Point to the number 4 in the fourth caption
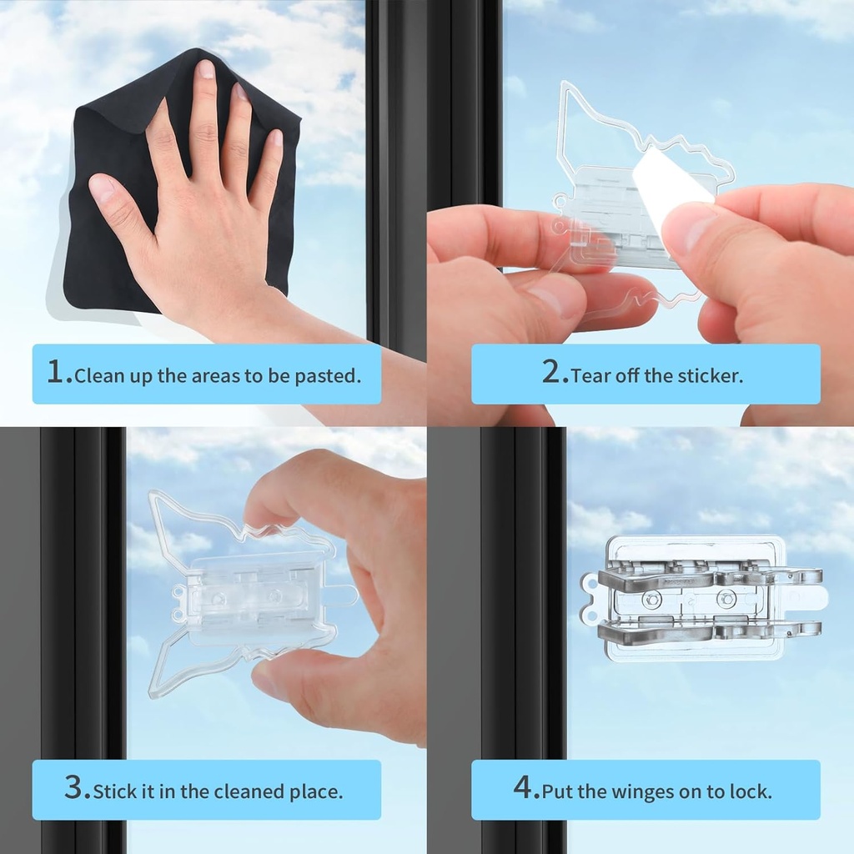point(525,788)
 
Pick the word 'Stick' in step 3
point(113,791)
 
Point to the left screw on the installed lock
point(652,599)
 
